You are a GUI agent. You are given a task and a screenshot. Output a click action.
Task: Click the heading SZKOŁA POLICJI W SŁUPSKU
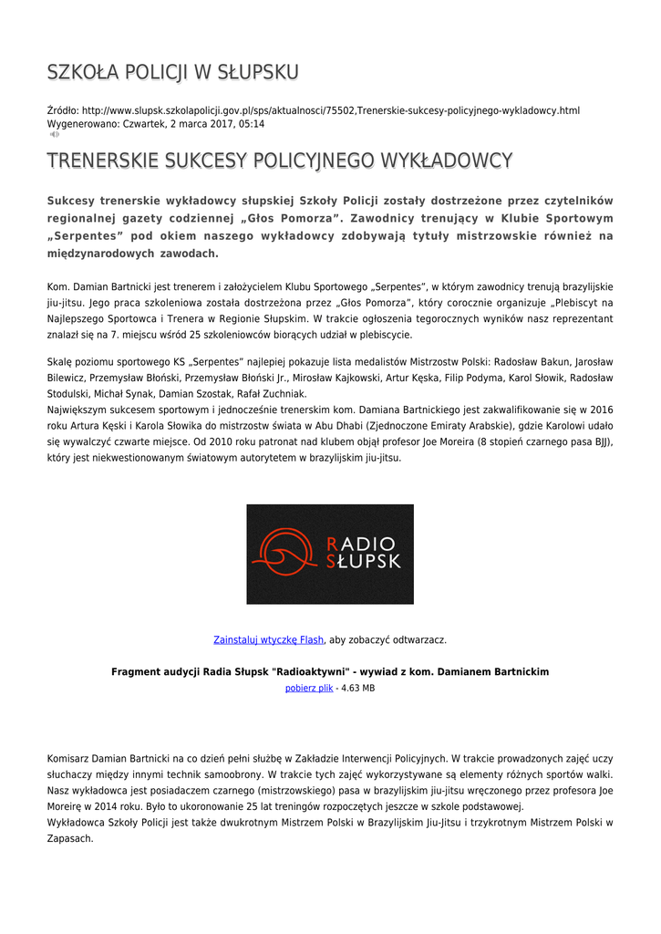[173, 72]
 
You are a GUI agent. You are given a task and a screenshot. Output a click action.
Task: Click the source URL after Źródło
[330, 110]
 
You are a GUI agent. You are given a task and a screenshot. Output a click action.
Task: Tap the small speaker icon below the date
[54, 134]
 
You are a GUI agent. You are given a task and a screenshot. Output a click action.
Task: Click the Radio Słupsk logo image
[330, 554]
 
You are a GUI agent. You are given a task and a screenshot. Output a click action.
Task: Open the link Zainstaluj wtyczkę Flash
[268, 640]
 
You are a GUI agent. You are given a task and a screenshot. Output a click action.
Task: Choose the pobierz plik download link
[309, 688]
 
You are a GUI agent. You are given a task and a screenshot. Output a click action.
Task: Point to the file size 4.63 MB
[357, 688]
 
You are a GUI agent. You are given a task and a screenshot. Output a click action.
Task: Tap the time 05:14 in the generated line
[252, 123]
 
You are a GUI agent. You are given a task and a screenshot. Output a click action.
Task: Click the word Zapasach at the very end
[70, 838]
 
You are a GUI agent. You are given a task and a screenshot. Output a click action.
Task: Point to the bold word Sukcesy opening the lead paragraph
[72, 201]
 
